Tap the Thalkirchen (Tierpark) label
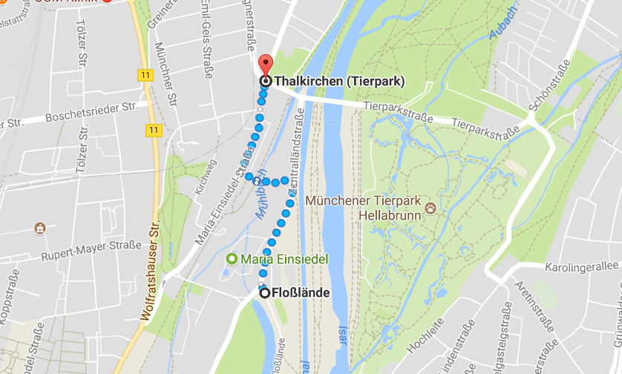tap(339, 81)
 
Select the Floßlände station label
tap(301, 292)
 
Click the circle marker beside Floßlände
tap(265, 292)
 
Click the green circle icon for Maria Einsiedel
tap(232, 260)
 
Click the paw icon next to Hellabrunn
tap(431, 214)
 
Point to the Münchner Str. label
tap(162, 70)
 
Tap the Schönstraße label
tap(538, 108)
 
